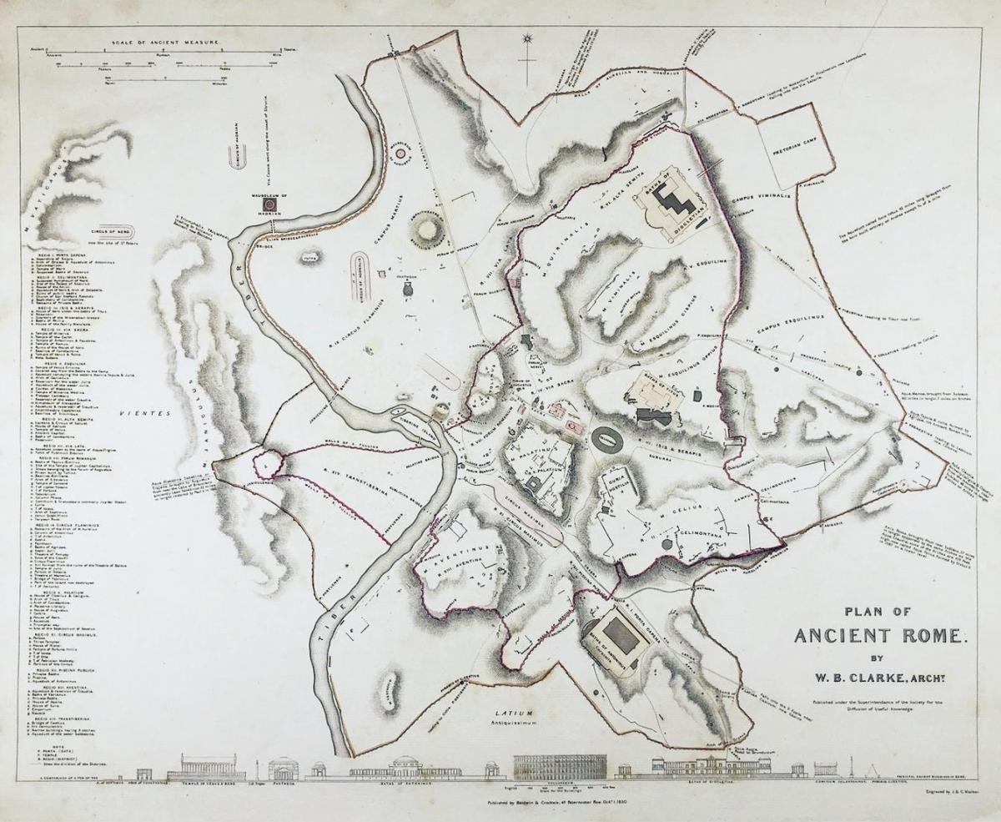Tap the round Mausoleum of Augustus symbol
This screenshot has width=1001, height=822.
[400, 153]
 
